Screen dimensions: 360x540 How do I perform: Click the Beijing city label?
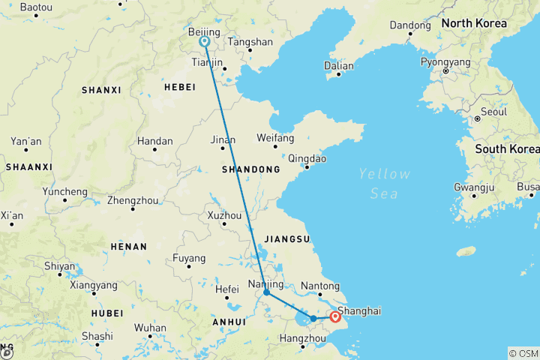point(203,33)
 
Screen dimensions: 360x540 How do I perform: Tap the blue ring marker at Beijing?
point(204,42)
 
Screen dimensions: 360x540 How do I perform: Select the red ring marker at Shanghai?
point(335,317)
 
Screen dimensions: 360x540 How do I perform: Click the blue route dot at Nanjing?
point(266,292)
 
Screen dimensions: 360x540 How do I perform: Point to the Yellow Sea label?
point(384,184)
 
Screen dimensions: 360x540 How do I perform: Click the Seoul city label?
point(494,112)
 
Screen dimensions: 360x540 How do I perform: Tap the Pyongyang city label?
point(445,62)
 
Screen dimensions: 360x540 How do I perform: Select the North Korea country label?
point(473,23)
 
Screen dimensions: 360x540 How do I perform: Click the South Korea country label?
point(506,148)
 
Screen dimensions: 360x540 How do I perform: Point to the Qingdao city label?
point(307,158)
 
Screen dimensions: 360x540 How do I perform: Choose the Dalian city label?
point(338,66)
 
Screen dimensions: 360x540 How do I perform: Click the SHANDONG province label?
point(250,170)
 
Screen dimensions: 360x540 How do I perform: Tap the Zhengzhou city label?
point(133,200)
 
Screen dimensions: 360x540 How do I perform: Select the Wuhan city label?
point(150,328)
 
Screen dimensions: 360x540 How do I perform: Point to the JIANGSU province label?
point(287,239)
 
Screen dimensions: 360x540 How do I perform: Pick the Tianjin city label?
point(208,63)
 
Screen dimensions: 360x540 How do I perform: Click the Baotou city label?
point(36,7)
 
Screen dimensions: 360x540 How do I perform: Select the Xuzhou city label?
point(226,216)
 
